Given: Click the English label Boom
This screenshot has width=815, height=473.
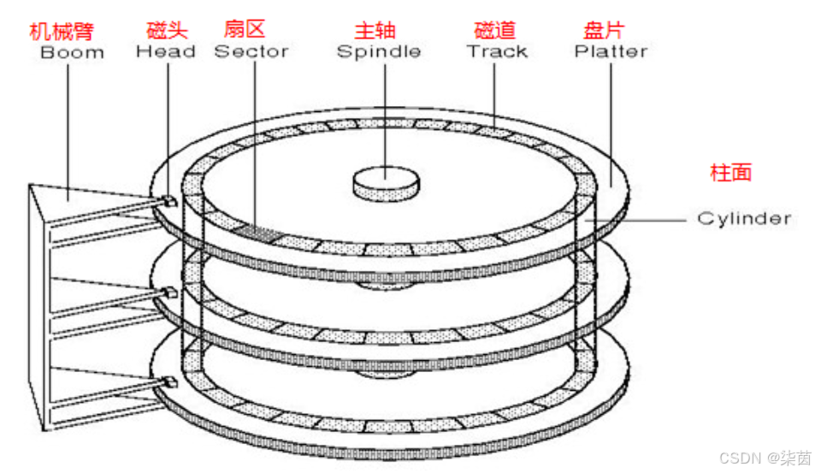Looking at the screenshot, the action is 72,52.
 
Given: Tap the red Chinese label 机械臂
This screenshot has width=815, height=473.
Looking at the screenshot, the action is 61,32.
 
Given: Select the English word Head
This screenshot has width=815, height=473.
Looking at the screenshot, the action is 167,51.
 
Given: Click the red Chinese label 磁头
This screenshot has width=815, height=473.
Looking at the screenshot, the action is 166,31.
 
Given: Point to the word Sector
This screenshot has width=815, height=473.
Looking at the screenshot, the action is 251,51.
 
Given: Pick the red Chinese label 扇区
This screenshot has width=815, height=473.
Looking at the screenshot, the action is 245,30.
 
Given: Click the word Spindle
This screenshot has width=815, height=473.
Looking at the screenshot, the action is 379,51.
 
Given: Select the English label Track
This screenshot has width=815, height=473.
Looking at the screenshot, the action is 497,51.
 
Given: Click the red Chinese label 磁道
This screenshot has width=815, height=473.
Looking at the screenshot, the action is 495,31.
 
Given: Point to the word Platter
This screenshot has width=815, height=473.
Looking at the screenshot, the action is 611,51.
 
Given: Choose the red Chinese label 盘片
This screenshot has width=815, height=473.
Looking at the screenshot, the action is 604,31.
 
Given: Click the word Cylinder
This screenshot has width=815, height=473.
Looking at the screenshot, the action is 744,218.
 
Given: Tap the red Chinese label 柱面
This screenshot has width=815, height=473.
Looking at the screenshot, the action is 731,172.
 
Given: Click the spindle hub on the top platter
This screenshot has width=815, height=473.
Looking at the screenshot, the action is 387,180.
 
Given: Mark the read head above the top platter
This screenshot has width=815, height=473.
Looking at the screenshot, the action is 169,200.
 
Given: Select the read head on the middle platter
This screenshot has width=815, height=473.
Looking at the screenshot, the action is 169,292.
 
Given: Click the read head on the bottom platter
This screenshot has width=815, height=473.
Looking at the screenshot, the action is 169,380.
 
